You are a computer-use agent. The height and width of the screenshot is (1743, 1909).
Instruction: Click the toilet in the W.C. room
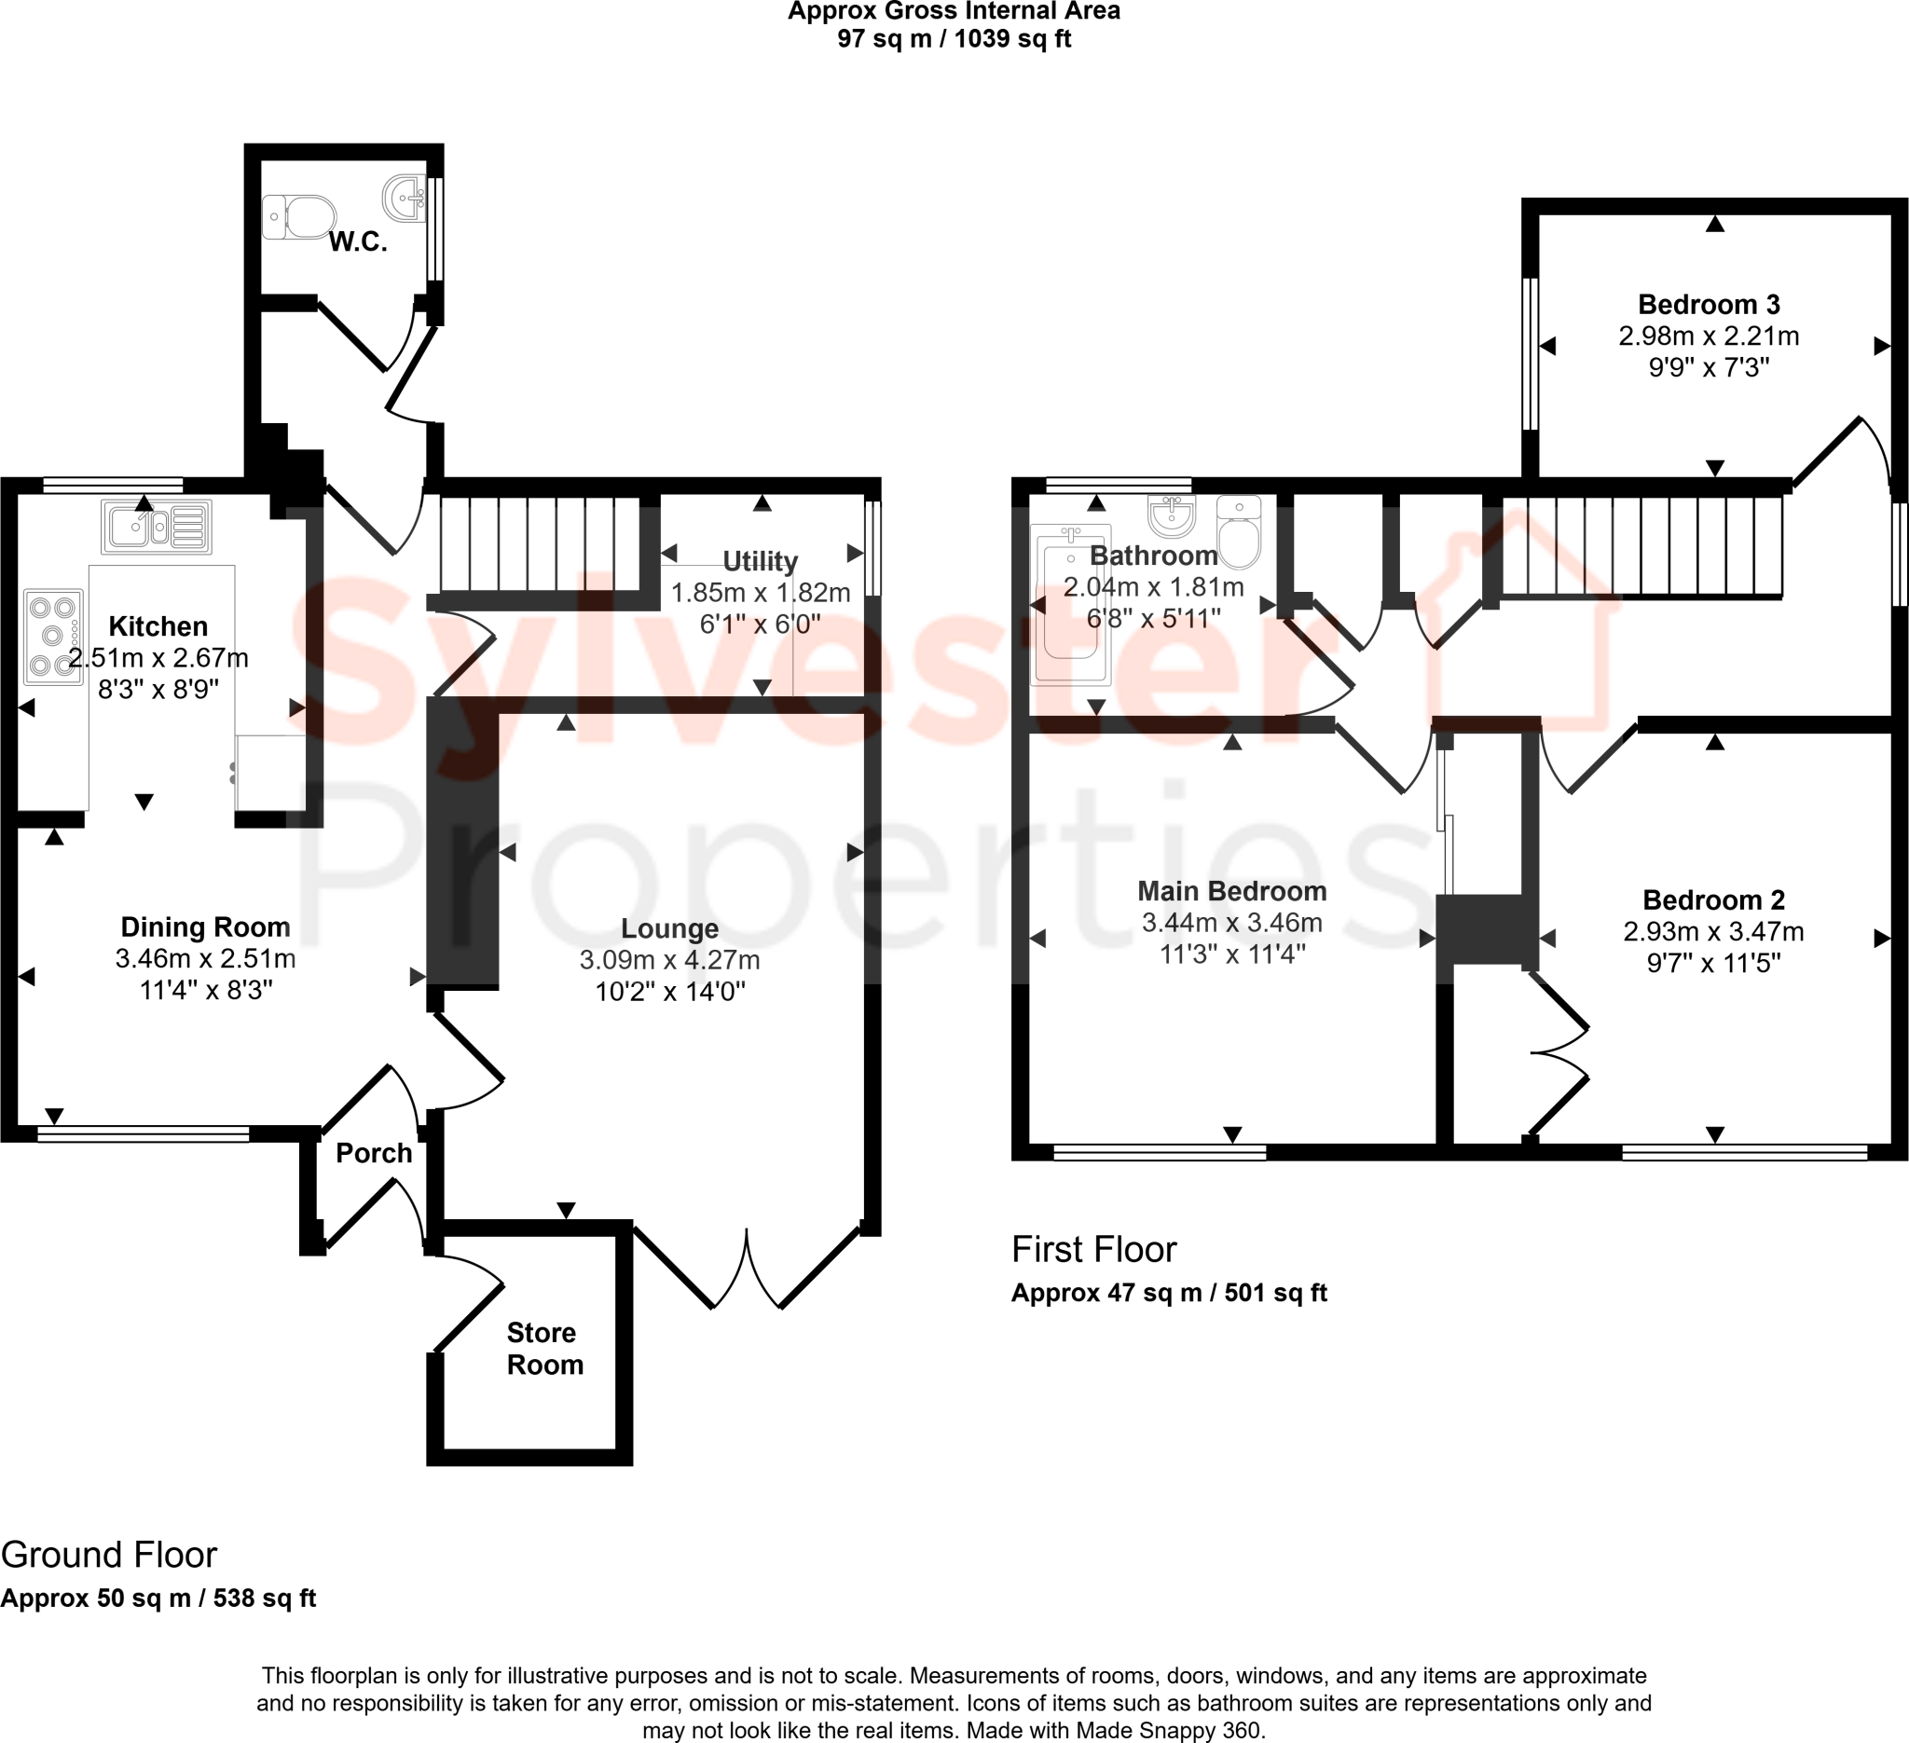pyautogui.click(x=298, y=217)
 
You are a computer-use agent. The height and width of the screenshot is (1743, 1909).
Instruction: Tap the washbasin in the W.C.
pyautogui.click(x=406, y=198)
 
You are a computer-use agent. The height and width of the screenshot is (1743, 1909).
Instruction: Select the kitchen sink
pyautogui.click(x=157, y=527)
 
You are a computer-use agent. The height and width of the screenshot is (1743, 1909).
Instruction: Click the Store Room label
pyautogui.click(x=544, y=1348)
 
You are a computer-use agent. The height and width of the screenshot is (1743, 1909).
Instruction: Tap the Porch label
pyautogui.click(x=374, y=1153)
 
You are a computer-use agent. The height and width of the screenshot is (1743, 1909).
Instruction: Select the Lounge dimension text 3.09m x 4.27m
pyautogui.click(x=669, y=960)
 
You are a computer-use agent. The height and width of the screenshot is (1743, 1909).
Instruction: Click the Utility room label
pyautogui.click(x=760, y=561)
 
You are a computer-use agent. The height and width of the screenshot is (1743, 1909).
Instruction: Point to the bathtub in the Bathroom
pyautogui.click(x=1072, y=603)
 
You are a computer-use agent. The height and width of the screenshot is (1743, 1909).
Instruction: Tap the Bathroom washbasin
pyautogui.click(x=1173, y=515)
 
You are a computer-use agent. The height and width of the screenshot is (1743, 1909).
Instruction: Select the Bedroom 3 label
pyautogui.click(x=1709, y=305)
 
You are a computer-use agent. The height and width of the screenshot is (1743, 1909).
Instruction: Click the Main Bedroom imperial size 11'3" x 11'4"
pyautogui.click(x=1232, y=954)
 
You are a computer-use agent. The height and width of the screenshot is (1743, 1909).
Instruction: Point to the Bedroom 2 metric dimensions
pyautogui.click(x=1713, y=932)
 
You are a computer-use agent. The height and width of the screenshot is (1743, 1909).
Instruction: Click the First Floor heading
pyautogui.click(x=1093, y=1250)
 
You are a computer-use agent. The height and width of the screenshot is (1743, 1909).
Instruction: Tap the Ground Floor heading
pyautogui.click(x=109, y=1556)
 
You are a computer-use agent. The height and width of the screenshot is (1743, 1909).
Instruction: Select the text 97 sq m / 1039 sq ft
pyautogui.click(x=954, y=39)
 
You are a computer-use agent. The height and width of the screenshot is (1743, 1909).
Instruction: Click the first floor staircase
pyautogui.click(x=1642, y=546)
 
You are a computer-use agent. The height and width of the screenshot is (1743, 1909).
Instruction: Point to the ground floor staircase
pyautogui.click(x=541, y=543)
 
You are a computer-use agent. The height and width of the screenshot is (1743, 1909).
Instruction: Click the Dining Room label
pyautogui.click(x=205, y=926)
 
